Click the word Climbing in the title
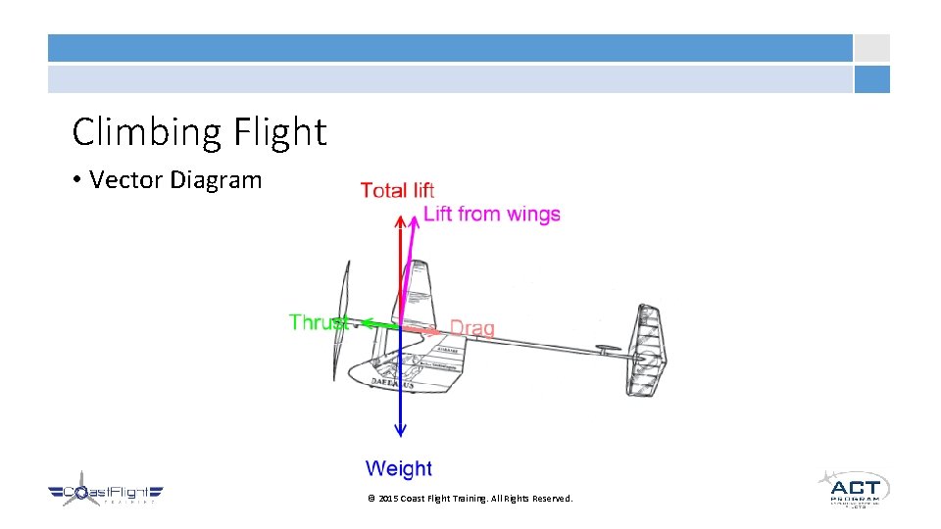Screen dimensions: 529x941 tap(147, 132)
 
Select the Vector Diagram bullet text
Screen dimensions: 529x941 tap(175, 180)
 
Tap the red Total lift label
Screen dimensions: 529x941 tap(397, 190)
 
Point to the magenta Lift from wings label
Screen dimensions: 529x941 tap(492, 214)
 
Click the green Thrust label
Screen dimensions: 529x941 tap(319, 321)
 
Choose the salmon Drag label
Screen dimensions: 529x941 tap(471, 328)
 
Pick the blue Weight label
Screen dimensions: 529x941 tap(398, 469)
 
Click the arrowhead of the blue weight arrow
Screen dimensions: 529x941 tap(399, 429)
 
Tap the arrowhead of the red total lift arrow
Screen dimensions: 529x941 tap(399, 221)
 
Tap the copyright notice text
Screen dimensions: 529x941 tap(470, 499)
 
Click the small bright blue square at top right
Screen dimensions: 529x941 tap(871, 79)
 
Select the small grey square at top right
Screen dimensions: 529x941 tap(871, 48)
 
